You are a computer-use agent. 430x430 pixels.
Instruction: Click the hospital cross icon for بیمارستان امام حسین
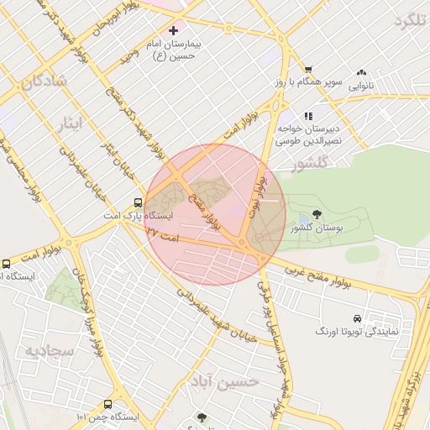coord(173,30)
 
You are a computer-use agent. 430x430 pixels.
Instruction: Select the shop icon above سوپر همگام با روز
coord(308,70)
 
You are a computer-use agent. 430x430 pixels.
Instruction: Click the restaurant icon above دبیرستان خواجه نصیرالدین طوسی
coord(309,116)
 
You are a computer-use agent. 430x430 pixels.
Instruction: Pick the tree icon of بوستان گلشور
coord(317,215)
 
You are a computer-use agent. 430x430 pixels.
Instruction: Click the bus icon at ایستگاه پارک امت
coord(138,202)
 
